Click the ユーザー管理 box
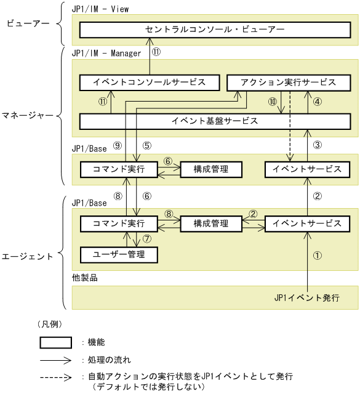click(119, 253)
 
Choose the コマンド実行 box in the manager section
click(119, 169)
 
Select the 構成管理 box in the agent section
click(211, 223)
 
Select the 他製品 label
click(84, 278)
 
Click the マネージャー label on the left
click(27, 114)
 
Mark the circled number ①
click(318, 254)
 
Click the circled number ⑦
click(146, 239)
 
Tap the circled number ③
click(318, 145)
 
